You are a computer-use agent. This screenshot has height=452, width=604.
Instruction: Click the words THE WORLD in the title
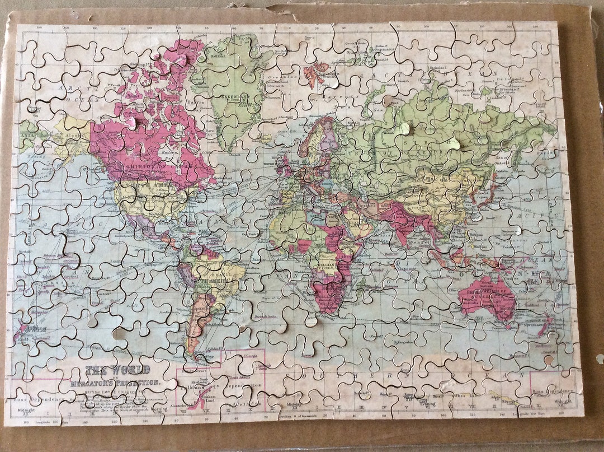click(x=117, y=370)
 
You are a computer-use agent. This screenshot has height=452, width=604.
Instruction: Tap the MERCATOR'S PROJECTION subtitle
click(x=115, y=383)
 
